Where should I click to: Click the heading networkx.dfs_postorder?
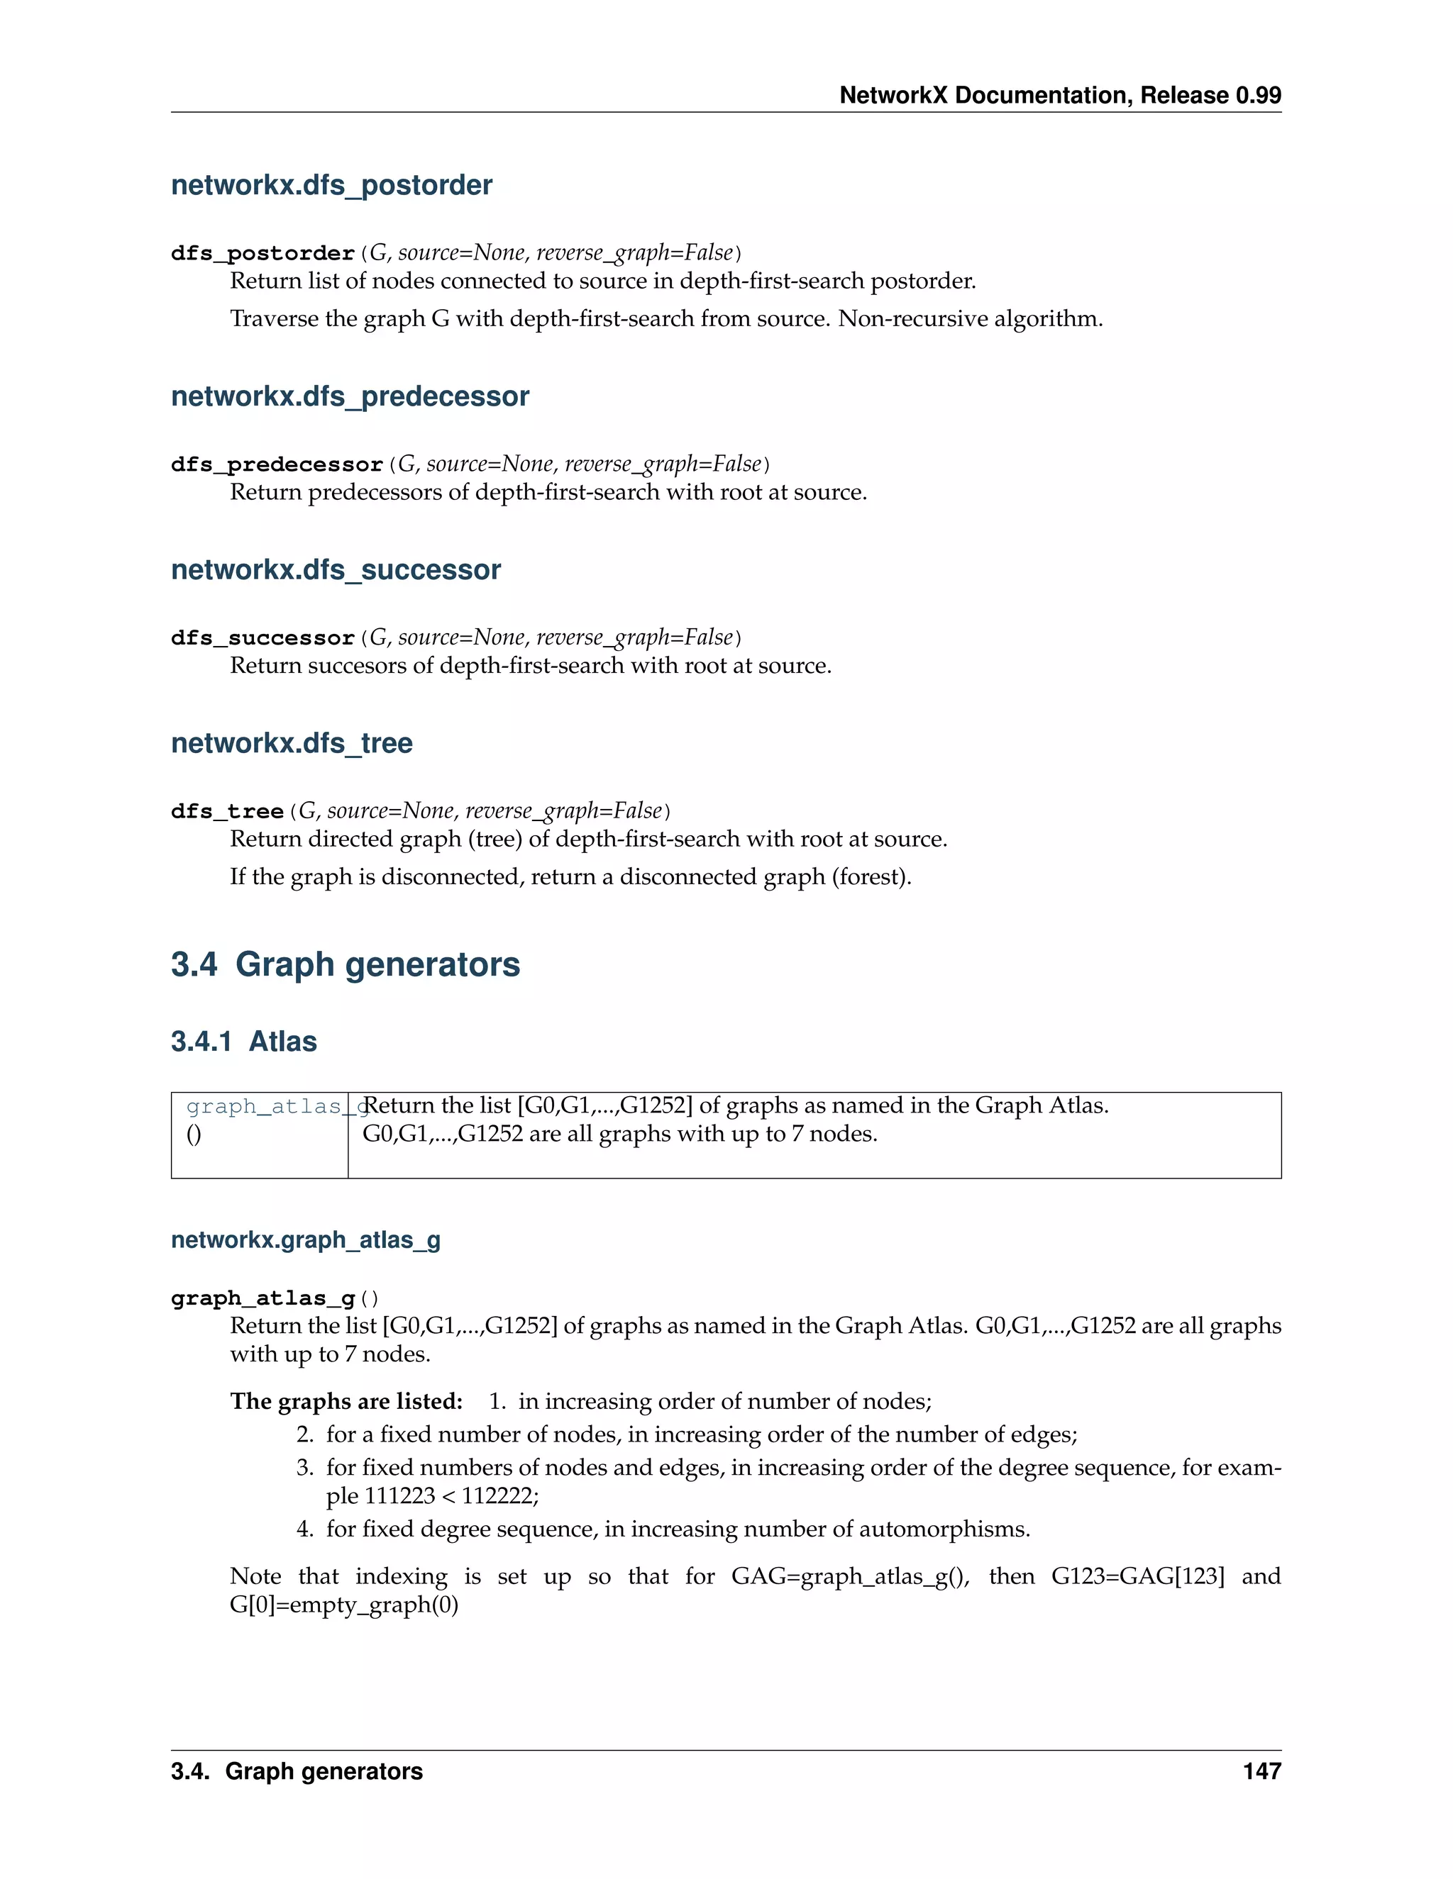click(331, 185)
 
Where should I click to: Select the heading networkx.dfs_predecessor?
click(350, 396)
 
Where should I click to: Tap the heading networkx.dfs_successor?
click(336, 569)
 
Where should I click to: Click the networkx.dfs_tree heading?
click(292, 742)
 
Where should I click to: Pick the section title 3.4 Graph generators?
click(346, 964)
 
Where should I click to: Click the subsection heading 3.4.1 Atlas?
click(243, 1041)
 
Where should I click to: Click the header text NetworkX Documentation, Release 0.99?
click(1060, 96)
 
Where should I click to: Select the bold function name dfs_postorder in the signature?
click(263, 253)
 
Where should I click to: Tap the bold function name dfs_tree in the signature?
click(227, 811)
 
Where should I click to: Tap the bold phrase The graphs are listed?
click(346, 1402)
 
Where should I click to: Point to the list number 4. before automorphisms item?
click(304, 1529)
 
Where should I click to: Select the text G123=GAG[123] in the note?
click(1137, 1576)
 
